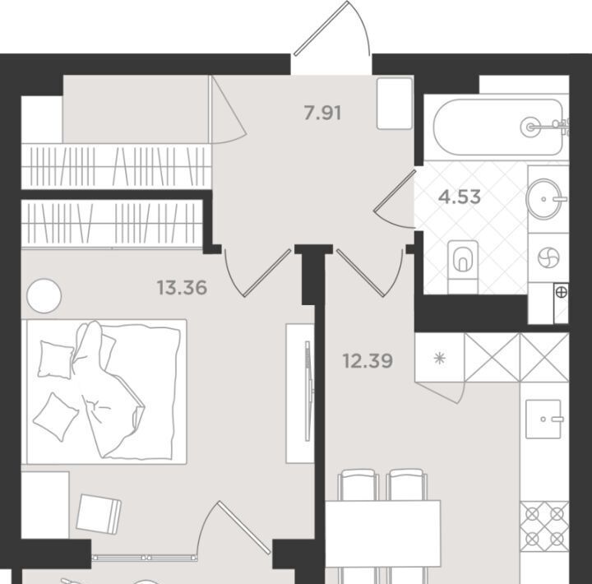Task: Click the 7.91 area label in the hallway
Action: [x=322, y=113]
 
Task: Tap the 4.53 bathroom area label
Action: [x=460, y=197]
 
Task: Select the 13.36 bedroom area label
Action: [x=182, y=287]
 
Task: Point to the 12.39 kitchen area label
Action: [x=368, y=361]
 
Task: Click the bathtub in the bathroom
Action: [x=499, y=127]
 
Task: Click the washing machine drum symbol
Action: [x=548, y=258]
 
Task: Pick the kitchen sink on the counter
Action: [x=543, y=419]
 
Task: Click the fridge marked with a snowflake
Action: [x=440, y=357]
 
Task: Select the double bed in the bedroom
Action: [x=106, y=392]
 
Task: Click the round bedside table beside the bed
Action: [x=44, y=296]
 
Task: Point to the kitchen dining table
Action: [x=383, y=533]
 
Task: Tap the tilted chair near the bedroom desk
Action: [x=99, y=514]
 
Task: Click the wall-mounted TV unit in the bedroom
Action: [x=300, y=393]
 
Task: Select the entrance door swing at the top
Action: [x=332, y=28]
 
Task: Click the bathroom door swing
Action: [x=395, y=199]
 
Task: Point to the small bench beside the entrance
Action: [x=395, y=104]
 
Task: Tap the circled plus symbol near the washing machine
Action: [x=562, y=292]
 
